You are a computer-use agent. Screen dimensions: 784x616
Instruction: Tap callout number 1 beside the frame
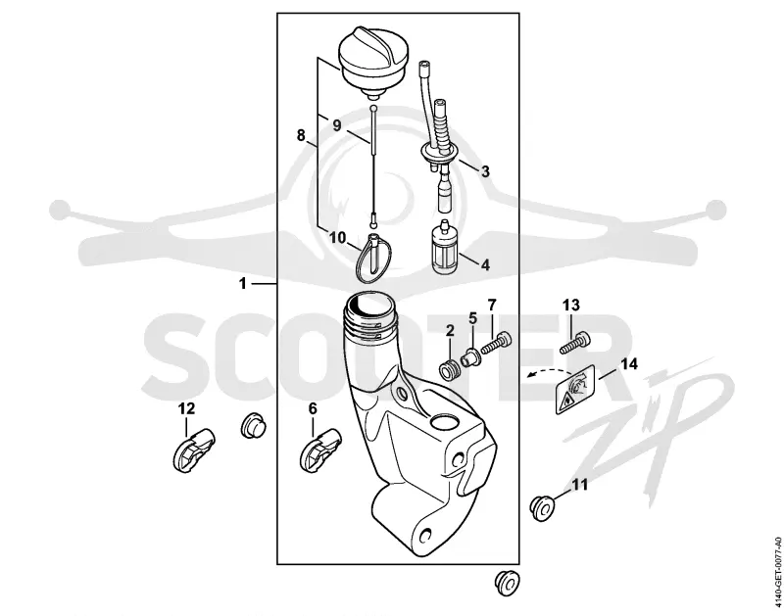pyautogui.click(x=243, y=284)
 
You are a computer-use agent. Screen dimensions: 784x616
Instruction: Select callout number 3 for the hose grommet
pyautogui.click(x=484, y=171)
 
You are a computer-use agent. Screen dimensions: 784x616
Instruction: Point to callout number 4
pyautogui.click(x=485, y=264)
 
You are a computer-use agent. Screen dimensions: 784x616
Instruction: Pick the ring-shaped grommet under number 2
pyautogui.click(x=448, y=370)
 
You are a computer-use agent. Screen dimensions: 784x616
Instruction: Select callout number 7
pyautogui.click(x=492, y=304)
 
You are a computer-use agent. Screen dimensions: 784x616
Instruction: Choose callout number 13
pyautogui.click(x=571, y=305)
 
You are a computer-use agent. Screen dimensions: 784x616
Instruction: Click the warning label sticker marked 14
pyautogui.click(x=574, y=390)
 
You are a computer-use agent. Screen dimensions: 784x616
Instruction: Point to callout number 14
pyautogui.click(x=629, y=363)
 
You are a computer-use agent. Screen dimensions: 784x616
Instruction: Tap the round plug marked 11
pyautogui.click(x=543, y=507)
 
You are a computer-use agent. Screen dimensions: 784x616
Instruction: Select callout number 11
pyautogui.click(x=580, y=484)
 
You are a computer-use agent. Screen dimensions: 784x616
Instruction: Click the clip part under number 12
pyautogui.click(x=193, y=450)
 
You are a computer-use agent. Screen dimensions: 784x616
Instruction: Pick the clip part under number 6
pyautogui.click(x=320, y=450)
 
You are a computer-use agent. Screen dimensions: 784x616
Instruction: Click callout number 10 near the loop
pyautogui.click(x=337, y=237)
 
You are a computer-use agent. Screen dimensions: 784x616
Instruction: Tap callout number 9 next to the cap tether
pyautogui.click(x=336, y=125)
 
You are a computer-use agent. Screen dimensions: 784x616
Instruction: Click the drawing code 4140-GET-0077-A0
pyautogui.click(x=777, y=572)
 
